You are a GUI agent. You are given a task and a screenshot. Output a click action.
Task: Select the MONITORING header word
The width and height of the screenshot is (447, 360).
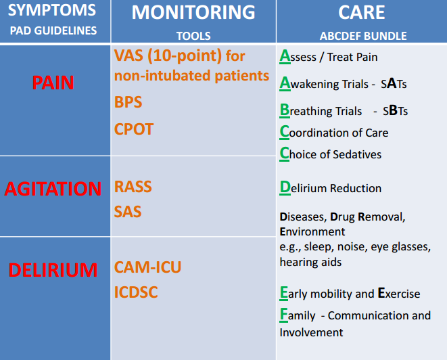coord(193,12)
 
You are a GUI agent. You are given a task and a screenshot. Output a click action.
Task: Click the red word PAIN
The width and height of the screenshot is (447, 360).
coord(53,83)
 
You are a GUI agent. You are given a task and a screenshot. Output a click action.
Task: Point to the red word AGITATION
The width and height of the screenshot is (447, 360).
coord(53,189)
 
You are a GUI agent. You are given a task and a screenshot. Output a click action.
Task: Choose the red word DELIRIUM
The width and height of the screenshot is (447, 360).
coord(53,270)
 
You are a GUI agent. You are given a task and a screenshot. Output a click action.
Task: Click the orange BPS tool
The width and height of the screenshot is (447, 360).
coord(128,102)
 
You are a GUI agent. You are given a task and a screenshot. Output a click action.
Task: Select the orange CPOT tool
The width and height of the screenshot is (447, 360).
coord(134,129)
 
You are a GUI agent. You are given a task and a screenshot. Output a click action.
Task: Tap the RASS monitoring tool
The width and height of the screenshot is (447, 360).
coord(133,187)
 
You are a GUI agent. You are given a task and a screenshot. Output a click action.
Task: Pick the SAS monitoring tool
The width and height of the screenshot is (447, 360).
coord(128,212)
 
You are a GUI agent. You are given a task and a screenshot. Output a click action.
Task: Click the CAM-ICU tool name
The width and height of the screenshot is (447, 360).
coord(147,267)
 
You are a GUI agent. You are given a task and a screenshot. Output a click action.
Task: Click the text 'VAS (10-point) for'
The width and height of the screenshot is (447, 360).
coord(179,55)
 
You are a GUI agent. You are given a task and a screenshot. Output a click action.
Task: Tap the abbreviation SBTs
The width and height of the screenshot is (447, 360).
coord(394,110)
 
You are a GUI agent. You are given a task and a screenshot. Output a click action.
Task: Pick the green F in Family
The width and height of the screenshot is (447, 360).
coord(284,315)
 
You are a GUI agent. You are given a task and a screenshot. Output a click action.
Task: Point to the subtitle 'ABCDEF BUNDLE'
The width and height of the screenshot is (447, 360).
coord(363,37)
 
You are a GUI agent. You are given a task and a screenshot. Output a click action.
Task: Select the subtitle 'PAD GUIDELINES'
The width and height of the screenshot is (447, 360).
coord(53,31)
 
